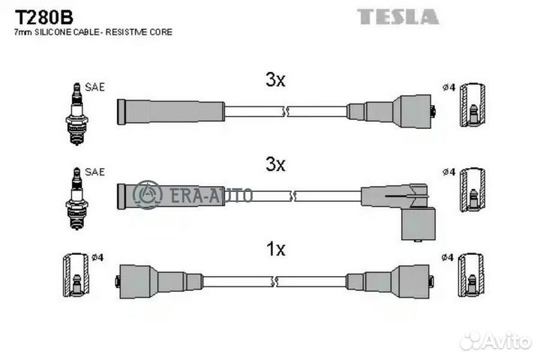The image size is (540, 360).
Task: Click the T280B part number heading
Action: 43,17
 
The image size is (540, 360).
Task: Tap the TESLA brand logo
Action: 397,16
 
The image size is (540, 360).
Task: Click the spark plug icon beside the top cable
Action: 76,114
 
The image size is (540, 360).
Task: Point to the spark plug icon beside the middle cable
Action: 76,199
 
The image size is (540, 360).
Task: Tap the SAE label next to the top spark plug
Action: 94,87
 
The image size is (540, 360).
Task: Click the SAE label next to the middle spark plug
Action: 94,172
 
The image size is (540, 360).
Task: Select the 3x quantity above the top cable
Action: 275,80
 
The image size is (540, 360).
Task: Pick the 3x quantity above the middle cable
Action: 275,165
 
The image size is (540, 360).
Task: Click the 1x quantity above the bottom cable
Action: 276,249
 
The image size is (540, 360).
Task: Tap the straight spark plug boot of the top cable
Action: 171,112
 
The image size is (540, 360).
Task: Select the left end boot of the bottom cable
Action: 159,281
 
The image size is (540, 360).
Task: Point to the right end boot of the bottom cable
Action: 389,281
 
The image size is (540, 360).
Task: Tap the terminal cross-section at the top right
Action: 472,105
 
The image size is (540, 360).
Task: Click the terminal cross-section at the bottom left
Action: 76,275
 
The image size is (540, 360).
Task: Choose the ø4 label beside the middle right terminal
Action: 448,172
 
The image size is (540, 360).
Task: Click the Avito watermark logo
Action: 496,341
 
